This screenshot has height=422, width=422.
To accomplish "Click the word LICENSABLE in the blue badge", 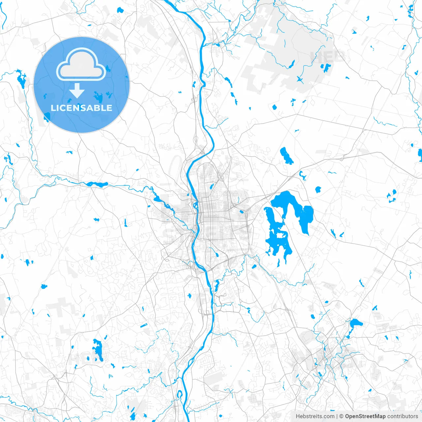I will point(81,108).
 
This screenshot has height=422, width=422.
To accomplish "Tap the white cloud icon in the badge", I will point(81,64).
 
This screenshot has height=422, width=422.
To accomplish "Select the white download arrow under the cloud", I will point(77,91).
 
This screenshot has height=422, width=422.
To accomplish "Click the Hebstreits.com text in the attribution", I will point(315,416).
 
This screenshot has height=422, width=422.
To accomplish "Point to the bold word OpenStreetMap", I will point(365,416).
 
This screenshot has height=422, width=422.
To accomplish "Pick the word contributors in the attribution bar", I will point(403,416).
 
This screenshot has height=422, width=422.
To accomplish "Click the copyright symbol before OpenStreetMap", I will point(342,416).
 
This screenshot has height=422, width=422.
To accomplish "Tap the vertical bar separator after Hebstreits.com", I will point(337,416).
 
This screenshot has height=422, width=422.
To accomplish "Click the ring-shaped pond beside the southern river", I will point(180,394).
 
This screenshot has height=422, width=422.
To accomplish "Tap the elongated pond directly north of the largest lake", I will point(286,156).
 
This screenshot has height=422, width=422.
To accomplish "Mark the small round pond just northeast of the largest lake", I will point(318,190).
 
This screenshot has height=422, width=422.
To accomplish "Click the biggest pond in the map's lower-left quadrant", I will point(98,349).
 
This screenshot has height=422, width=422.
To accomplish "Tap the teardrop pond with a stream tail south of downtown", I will point(217,284).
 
